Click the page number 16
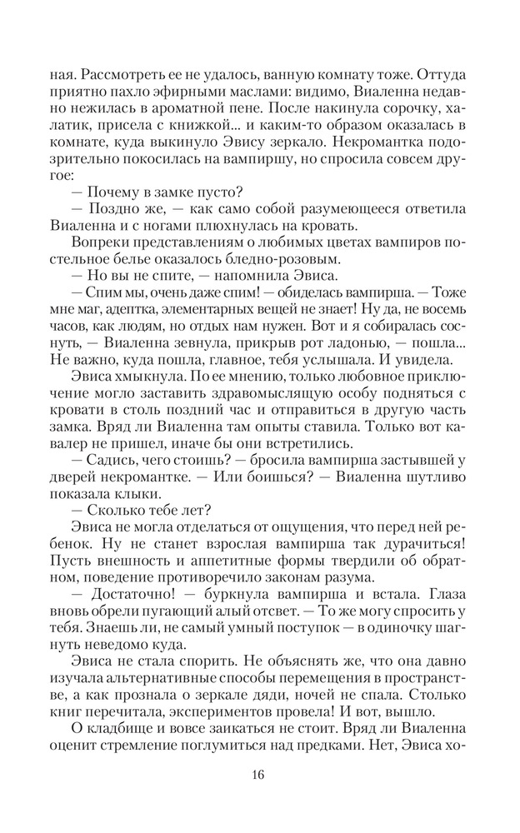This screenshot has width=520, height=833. point(257,775)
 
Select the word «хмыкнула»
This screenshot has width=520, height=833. point(129,384)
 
